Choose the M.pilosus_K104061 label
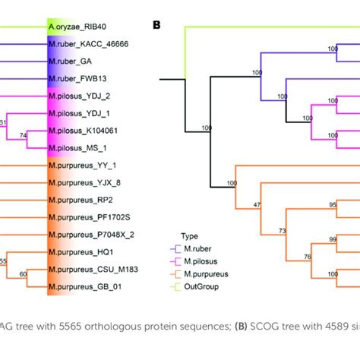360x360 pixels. (84, 131)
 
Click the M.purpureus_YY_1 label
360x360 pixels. (85, 165)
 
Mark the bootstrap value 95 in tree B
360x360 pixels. (311, 204)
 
